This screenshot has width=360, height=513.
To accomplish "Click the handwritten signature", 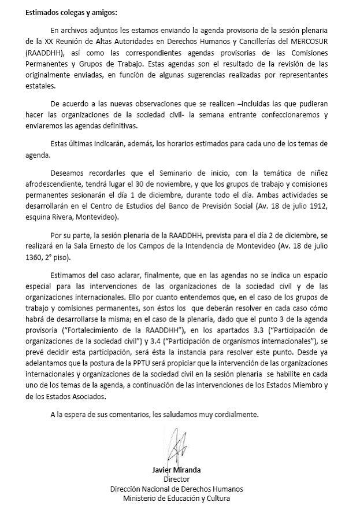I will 180,445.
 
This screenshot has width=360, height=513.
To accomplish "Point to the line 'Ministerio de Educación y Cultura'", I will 180,499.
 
